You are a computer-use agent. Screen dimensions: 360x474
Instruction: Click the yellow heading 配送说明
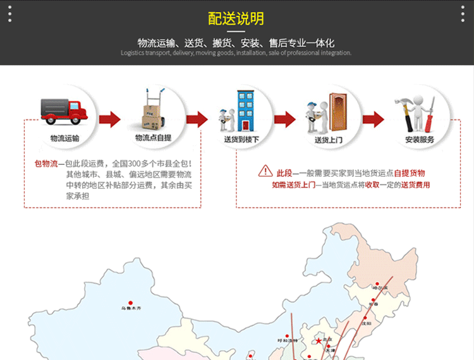tap(236, 18)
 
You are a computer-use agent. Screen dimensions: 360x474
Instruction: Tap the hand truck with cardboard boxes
tap(150, 110)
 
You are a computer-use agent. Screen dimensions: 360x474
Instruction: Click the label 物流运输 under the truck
tap(64, 138)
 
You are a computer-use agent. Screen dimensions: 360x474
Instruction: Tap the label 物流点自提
tap(153, 138)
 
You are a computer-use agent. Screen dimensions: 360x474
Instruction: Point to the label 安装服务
tap(420, 139)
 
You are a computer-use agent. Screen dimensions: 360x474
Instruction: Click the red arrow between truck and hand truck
tap(109, 119)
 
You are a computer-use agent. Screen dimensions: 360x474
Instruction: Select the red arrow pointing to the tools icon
tap(373, 119)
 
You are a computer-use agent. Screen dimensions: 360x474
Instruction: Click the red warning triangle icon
tap(265, 171)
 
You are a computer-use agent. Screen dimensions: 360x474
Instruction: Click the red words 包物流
tap(46, 164)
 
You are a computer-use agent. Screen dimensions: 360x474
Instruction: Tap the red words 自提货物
tap(410, 172)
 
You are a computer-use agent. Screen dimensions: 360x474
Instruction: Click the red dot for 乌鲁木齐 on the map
tap(131, 303)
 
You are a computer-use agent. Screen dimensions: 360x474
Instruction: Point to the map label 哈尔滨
tap(380, 288)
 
